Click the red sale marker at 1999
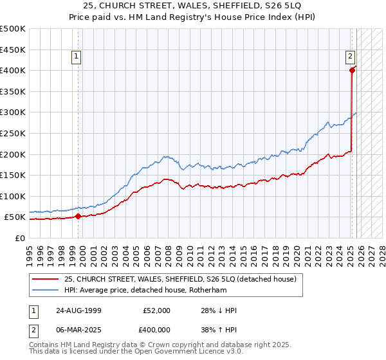tap(78, 216)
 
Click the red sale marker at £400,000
tap(352, 71)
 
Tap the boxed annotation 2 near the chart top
tap(351, 57)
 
